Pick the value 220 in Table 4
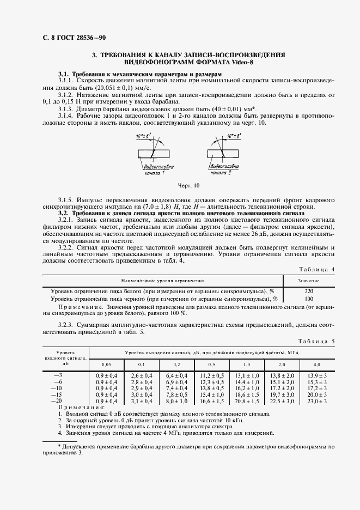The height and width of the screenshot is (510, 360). point(309,291)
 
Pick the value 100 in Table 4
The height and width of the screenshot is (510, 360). point(309,299)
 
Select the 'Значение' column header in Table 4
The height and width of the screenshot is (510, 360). point(309,280)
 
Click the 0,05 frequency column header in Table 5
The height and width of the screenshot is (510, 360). point(107,363)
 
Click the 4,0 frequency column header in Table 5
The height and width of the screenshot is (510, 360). point(316,363)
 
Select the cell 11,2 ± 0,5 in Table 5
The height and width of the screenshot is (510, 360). point(211,376)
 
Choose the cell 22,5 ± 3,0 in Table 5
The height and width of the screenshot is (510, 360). point(282,401)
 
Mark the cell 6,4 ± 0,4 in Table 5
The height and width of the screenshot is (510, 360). point(176,376)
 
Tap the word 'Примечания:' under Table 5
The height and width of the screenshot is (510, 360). point(81,408)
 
